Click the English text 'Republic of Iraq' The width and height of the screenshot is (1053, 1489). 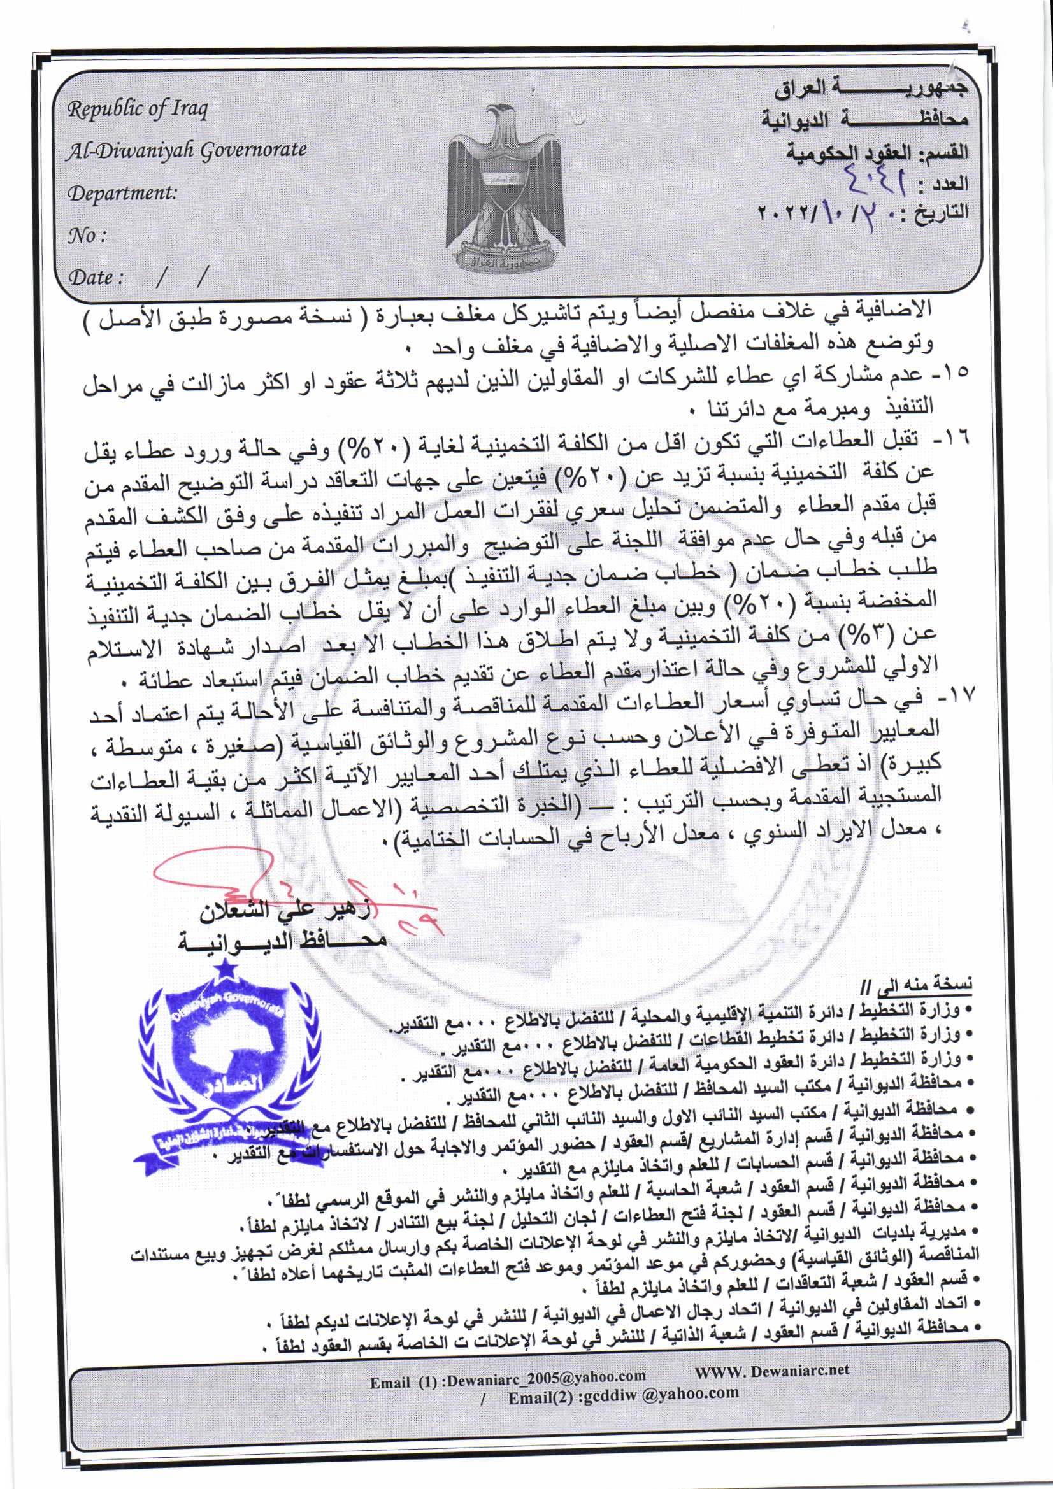point(138,108)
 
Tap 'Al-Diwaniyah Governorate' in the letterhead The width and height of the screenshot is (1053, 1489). point(187,150)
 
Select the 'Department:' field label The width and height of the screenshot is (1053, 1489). point(122,192)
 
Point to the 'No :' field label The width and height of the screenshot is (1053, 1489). point(87,236)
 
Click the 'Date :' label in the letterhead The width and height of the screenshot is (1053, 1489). point(96,278)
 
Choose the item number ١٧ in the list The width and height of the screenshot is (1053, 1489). point(954,698)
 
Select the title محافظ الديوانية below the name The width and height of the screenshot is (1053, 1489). point(282,942)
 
